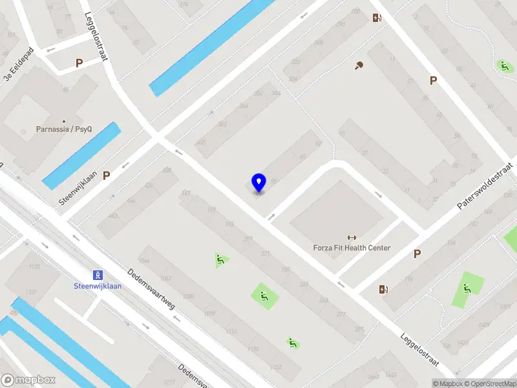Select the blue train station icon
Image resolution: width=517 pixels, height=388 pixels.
click(x=98, y=275)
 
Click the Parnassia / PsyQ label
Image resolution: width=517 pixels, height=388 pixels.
click(x=63, y=129)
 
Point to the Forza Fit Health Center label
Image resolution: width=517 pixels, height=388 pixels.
click(x=352, y=248)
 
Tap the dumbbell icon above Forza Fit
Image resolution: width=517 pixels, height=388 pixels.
click(x=352, y=237)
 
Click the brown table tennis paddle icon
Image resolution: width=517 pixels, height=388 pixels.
click(x=359, y=65)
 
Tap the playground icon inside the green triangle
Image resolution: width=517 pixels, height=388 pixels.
click(x=221, y=260)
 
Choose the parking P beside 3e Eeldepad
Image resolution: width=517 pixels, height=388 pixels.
click(x=79, y=63)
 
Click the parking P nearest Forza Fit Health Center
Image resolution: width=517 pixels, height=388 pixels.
click(x=417, y=254)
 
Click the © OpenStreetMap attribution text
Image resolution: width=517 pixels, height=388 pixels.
click(x=487, y=383)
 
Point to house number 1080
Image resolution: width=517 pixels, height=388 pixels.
click(x=189, y=297)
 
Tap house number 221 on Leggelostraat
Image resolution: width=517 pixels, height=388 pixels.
click(x=264, y=254)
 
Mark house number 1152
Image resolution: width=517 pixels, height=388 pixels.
click(x=276, y=368)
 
